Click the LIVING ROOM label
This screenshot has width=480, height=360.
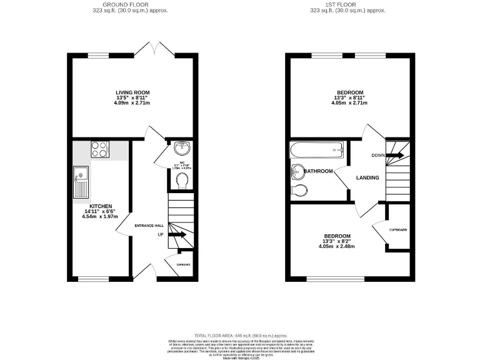(x=132, y=92)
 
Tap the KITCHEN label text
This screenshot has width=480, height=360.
(x=100, y=206)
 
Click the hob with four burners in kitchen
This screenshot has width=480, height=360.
(x=100, y=149)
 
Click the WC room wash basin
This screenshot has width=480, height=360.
(x=182, y=148)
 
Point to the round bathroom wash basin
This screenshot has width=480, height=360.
(x=297, y=171)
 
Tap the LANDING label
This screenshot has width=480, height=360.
(x=367, y=178)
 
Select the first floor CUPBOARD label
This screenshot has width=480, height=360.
(x=397, y=230)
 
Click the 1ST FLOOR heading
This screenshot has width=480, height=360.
(x=348, y=5)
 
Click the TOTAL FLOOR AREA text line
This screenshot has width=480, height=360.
(x=239, y=336)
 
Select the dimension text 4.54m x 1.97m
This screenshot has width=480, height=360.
(x=100, y=217)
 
